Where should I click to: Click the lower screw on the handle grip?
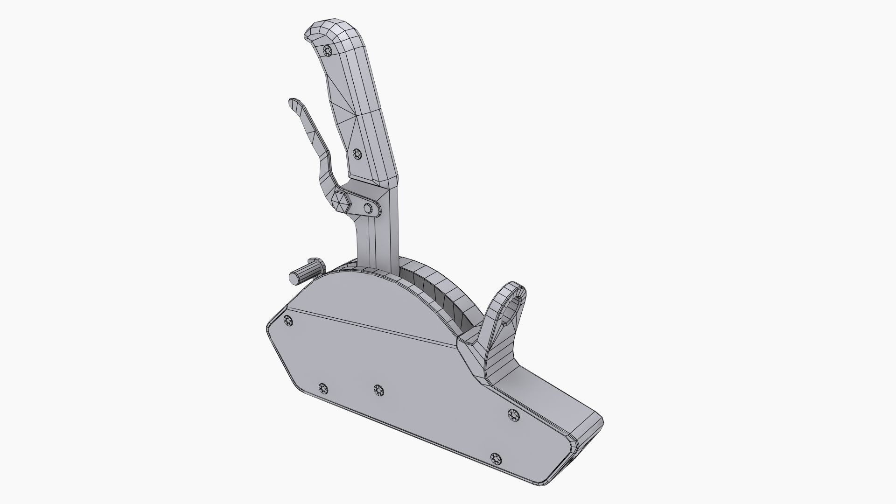click(357, 154)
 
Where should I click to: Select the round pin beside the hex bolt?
click(370, 208)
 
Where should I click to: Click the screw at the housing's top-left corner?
click(288, 320)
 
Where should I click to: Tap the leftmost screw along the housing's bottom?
click(323, 388)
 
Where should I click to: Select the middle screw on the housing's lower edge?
click(378, 390)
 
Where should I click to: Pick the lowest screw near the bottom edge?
click(496, 459)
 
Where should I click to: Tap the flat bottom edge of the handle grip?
click(373, 182)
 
